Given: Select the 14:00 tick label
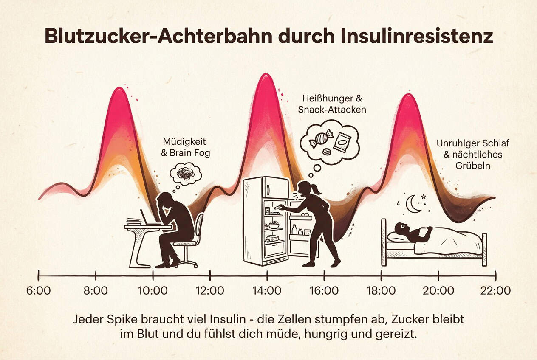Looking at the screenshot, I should (267, 291).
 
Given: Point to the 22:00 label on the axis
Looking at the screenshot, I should (495, 291).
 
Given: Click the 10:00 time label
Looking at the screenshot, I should (153, 291).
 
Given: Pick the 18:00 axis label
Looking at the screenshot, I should (381, 291).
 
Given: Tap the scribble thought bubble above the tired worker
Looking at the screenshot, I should (185, 174).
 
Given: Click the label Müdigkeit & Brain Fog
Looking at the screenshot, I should (186, 147).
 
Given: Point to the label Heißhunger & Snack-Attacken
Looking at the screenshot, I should (332, 104).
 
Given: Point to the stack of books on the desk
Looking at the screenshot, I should (134, 221).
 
